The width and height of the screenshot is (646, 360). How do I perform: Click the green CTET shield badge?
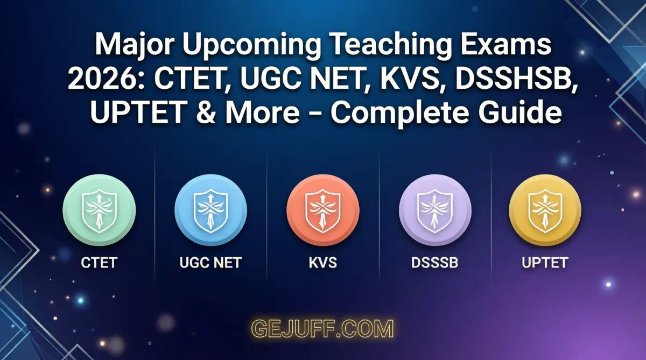[99, 210]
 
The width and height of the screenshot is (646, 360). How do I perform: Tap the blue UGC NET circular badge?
[210, 210]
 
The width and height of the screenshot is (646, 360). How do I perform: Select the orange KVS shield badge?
[322, 210]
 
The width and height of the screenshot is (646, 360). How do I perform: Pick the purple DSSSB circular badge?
[434, 210]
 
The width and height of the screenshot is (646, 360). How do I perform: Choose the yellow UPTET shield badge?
[545, 210]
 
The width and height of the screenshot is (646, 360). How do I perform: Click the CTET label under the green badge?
[99, 263]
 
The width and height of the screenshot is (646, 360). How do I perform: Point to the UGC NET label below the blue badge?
[210, 263]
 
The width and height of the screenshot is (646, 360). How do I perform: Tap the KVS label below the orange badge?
[322, 263]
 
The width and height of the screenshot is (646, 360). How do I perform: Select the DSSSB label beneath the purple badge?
[434, 263]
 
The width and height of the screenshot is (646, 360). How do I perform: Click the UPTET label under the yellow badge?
[545, 263]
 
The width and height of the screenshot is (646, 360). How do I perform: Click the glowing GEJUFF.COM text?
[323, 328]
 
